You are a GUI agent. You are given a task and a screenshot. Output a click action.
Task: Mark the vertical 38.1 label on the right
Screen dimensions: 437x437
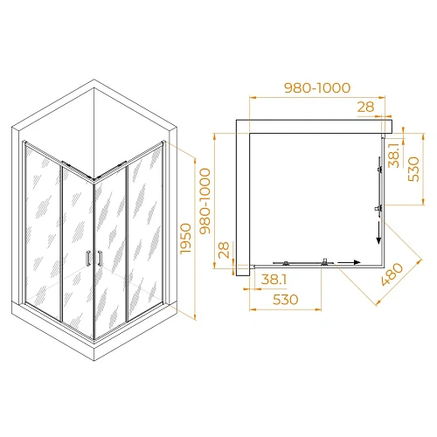pos(395,155)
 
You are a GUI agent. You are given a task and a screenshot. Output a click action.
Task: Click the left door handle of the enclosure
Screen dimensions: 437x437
pos(88,257)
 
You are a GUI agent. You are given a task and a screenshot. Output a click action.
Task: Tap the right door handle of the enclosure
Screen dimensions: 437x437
pos(101,257)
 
